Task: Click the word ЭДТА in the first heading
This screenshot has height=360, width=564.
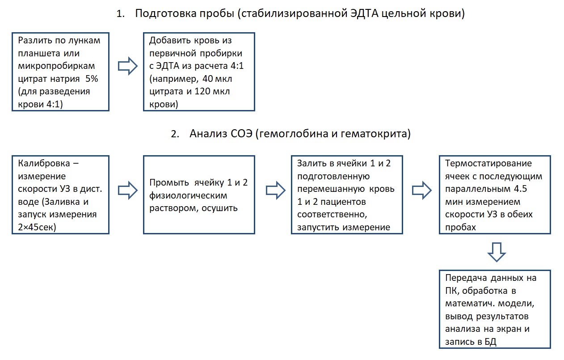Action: point(364,13)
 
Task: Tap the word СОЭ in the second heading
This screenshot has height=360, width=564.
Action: point(241,134)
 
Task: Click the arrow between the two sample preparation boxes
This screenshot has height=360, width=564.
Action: point(128,66)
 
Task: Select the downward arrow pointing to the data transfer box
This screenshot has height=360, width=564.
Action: point(497,252)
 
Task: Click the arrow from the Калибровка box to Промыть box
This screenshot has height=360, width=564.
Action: point(128,191)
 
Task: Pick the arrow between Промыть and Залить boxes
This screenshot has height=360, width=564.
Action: point(276,191)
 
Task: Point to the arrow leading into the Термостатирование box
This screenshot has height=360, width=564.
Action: point(422,191)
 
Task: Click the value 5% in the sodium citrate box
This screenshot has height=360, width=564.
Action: point(92,79)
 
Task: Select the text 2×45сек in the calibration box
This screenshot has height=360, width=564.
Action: point(37,227)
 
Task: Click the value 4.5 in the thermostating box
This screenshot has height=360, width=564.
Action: point(520,189)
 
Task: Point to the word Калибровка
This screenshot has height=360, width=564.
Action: point(44,164)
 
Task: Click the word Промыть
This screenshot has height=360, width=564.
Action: point(169,182)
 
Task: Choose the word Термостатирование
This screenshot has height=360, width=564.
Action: point(488,164)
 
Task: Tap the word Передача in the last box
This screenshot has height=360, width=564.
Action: point(466,278)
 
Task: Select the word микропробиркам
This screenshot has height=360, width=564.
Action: point(56,66)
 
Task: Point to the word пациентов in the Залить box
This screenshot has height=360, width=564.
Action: point(343,202)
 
